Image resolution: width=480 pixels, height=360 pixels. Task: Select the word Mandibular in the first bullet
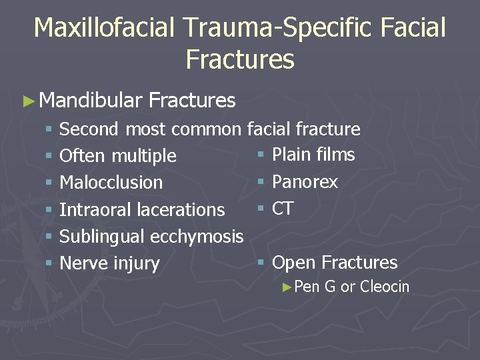pyautogui.click(x=91, y=101)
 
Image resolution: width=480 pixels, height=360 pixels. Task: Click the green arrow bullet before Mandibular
pyautogui.click(x=27, y=101)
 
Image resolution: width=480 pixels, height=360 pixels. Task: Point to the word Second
pyautogui.click(x=89, y=129)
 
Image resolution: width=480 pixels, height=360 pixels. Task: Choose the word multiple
pyautogui.click(x=144, y=156)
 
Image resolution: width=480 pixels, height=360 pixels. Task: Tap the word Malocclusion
pyautogui.click(x=111, y=183)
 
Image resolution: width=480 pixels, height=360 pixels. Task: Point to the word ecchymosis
pyautogui.click(x=197, y=237)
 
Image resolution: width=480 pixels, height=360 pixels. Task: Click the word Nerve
pyautogui.click(x=81, y=263)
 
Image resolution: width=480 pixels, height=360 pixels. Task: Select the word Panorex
pyautogui.click(x=305, y=182)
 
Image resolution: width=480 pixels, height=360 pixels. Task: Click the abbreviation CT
pyautogui.click(x=283, y=209)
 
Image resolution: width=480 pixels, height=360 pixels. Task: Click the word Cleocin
pyautogui.click(x=385, y=287)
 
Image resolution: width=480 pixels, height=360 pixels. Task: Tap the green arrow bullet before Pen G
pyautogui.click(x=287, y=287)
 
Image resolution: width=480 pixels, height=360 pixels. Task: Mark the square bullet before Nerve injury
pyautogui.click(x=49, y=264)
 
